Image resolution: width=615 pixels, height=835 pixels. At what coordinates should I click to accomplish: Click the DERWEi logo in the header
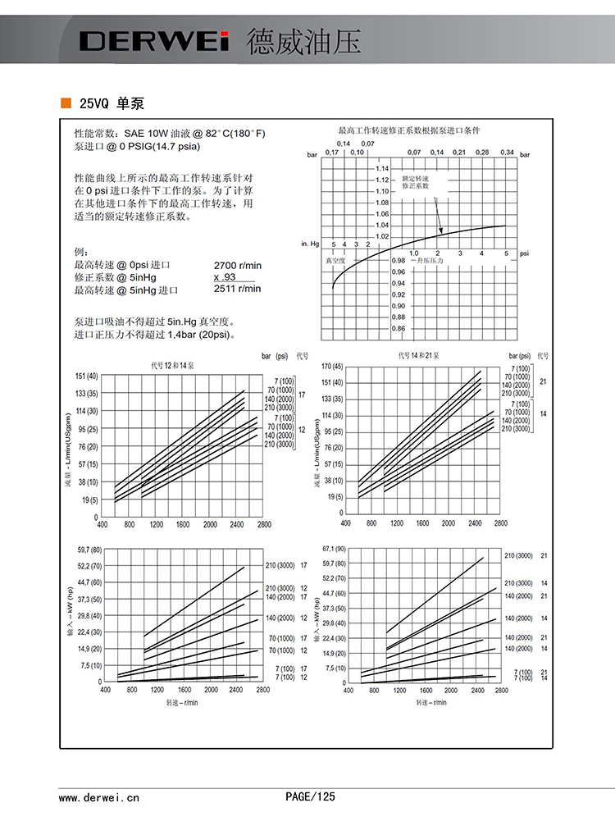153,42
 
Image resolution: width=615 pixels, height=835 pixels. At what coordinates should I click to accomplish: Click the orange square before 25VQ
65,103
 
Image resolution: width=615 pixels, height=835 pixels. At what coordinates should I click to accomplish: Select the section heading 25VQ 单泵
112,104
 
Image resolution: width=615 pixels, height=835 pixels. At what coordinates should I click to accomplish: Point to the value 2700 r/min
237,266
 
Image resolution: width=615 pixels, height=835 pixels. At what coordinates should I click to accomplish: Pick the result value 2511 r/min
237,289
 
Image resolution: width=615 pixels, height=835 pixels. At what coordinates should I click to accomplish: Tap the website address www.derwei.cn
99,796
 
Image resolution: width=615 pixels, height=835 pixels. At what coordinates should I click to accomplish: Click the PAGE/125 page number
310,796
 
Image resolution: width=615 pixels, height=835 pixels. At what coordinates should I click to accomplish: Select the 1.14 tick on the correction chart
381,169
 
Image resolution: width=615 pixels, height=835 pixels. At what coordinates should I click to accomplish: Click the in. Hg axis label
310,244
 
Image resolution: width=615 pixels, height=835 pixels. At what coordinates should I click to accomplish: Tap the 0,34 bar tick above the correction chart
506,153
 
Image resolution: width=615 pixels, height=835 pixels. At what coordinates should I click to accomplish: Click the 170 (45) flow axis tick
332,366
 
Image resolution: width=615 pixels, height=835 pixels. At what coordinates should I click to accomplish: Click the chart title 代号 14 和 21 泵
419,356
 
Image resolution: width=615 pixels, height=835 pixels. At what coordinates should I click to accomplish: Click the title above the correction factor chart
409,131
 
